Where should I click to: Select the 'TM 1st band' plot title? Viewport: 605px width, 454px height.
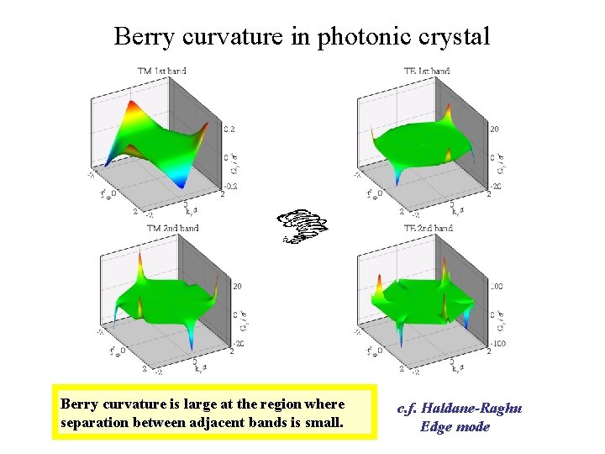[x=161, y=71]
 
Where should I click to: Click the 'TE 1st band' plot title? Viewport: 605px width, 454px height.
[x=426, y=71]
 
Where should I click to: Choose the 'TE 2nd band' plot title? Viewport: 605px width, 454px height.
[x=429, y=228]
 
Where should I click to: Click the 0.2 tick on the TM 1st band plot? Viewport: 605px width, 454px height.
[x=229, y=129]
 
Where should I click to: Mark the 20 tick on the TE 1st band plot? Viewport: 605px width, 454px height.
[x=495, y=129]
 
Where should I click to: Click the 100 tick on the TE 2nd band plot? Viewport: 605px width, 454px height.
[x=497, y=287]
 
